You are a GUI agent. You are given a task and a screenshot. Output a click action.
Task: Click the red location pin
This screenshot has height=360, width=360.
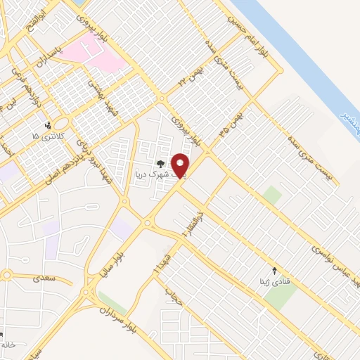coord(180,165)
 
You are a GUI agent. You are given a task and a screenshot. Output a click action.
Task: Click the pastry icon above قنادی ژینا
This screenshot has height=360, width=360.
coord(275,271)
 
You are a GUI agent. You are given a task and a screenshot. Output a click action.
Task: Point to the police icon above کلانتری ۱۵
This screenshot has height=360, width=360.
coord(47,125)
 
